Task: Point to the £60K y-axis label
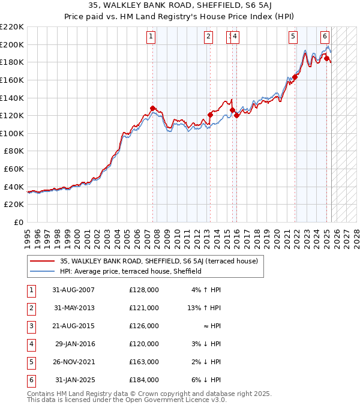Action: click(x=14, y=169)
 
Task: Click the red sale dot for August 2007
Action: click(x=152, y=109)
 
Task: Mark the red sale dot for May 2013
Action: click(x=210, y=115)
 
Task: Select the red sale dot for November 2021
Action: click(x=295, y=77)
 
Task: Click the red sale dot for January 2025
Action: click(x=326, y=59)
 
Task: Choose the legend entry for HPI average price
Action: click(x=130, y=271)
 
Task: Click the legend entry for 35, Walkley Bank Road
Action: click(x=158, y=261)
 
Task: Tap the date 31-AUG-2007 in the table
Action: click(x=74, y=290)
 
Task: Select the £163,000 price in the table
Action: click(x=143, y=362)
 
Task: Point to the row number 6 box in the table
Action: click(x=30, y=380)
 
